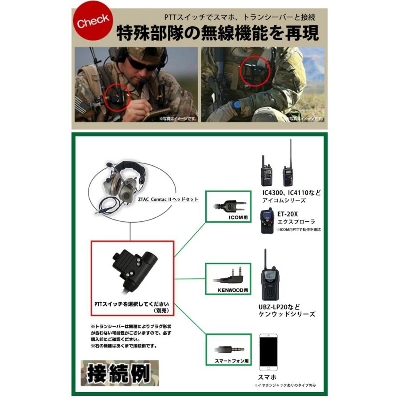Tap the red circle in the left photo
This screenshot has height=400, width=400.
point(117,95)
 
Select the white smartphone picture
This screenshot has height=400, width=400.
point(268,352)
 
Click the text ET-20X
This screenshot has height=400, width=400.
point(289,214)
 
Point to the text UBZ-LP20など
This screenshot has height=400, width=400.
point(280,307)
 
